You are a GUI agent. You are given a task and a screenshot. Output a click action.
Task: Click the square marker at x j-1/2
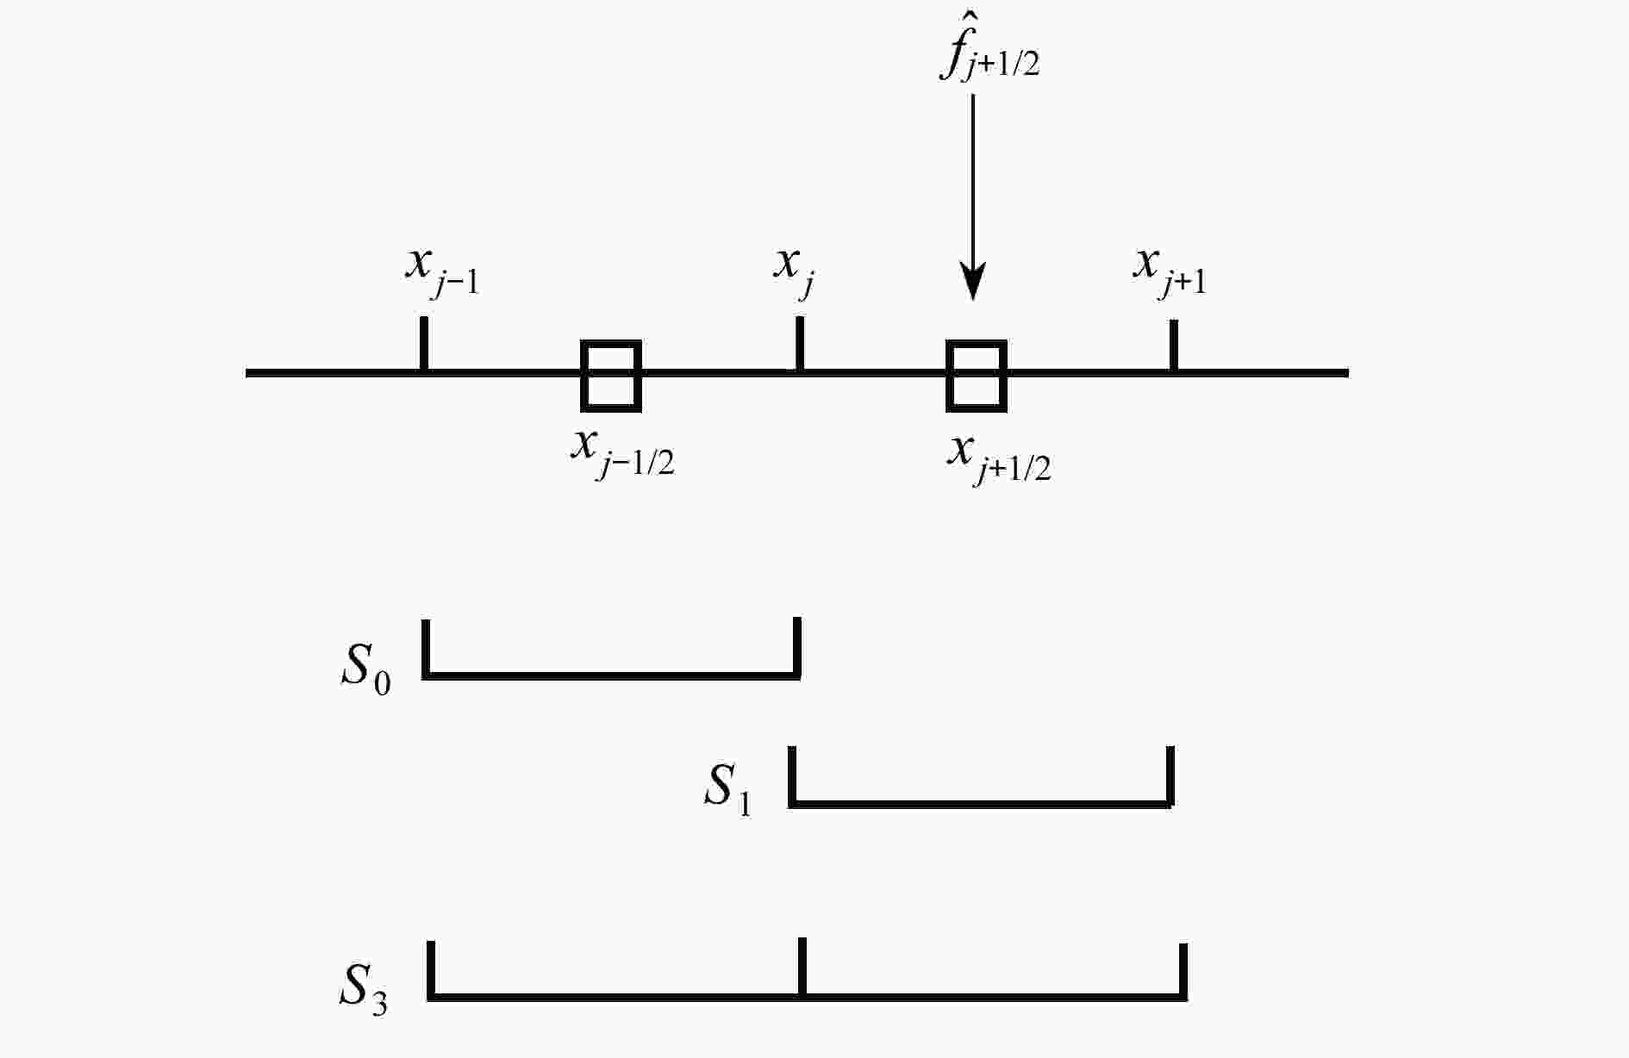[x=612, y=375]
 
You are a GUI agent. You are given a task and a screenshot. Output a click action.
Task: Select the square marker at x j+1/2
[x=977, y=375]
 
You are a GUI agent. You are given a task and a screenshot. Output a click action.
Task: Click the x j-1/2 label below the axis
[x=622, y=452]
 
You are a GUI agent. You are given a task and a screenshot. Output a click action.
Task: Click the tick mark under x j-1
[x=423, y=344]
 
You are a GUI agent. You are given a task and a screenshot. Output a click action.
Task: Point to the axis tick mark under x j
[x=800, y=344]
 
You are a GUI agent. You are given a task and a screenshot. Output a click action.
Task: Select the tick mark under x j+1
[x=1173, y=345]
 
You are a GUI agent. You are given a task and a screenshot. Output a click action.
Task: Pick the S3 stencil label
[x=363, y=988]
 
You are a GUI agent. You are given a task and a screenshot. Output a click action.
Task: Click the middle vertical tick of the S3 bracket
[x=802, y=967]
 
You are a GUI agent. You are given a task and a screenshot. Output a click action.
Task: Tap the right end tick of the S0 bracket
[x=797, y=646]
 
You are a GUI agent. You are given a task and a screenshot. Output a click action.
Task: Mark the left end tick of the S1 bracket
[x=792, y=775]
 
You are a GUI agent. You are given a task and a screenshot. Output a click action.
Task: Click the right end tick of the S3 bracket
[x=1183, y=970]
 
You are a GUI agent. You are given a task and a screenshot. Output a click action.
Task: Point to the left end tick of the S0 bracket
[x=426, y=647]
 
